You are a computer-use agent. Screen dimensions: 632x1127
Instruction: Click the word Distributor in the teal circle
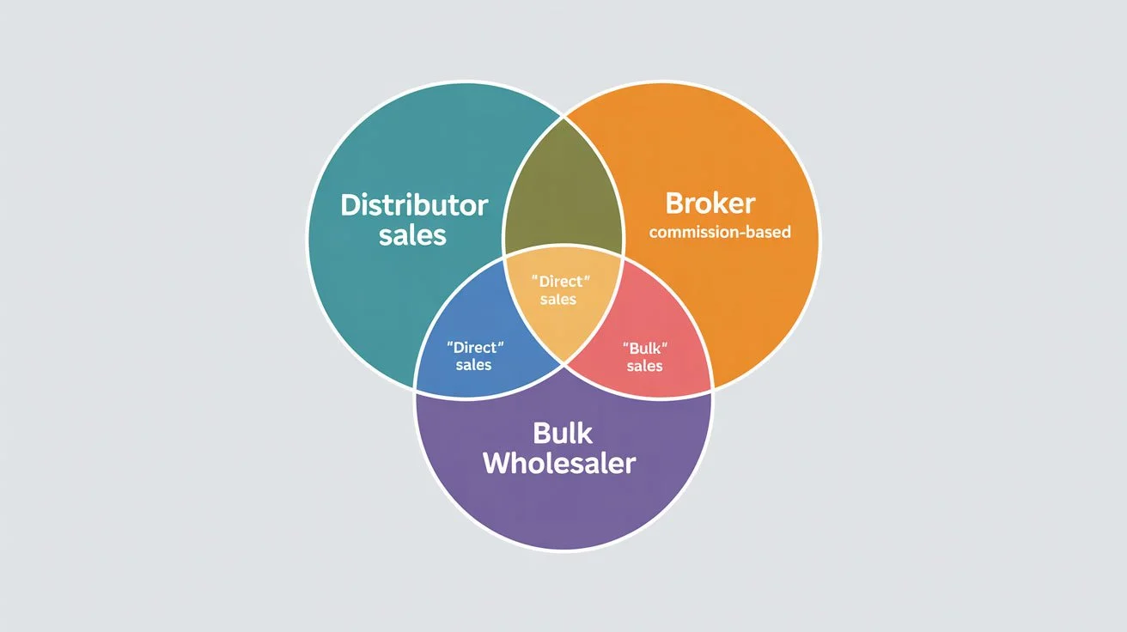(x=414, y=205)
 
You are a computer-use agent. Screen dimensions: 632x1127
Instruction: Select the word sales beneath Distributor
(x=413, y=235)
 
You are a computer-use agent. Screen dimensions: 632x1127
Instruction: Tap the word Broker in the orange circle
(x=710, y=204)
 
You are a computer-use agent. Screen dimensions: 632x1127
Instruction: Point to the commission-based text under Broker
(x=720, y=232)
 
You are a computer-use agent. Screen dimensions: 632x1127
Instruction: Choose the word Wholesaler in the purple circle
(x=559, y=463)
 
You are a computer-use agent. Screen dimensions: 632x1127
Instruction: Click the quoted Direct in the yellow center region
(x=563, y=281)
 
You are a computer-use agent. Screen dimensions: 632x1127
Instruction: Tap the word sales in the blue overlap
(x=473, y=365)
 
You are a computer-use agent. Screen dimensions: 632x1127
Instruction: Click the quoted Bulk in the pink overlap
(x=644, y=348)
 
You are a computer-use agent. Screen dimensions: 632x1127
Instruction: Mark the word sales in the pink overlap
(x=644, y=366)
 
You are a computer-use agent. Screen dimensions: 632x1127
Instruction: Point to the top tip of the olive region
(x=563, y=115)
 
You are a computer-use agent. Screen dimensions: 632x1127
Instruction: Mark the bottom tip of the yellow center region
(x=563, y=362)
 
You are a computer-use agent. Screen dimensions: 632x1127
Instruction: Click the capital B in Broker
(x=674, y=204)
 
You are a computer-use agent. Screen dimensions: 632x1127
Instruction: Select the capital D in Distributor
(x=350, y=206)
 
